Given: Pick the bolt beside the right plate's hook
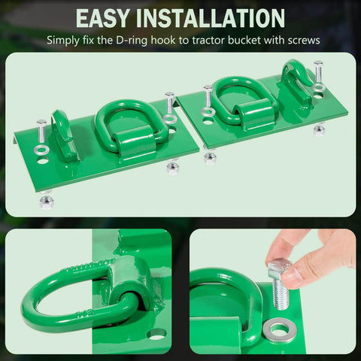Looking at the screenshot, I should pos(319,75).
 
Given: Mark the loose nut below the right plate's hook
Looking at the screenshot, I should pos(319,129).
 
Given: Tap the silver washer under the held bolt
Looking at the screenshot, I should pos(280,331).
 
